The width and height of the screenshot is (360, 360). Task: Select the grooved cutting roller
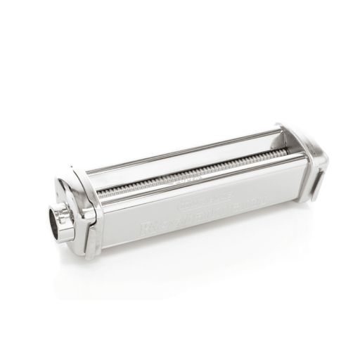(x=190, y=173)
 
